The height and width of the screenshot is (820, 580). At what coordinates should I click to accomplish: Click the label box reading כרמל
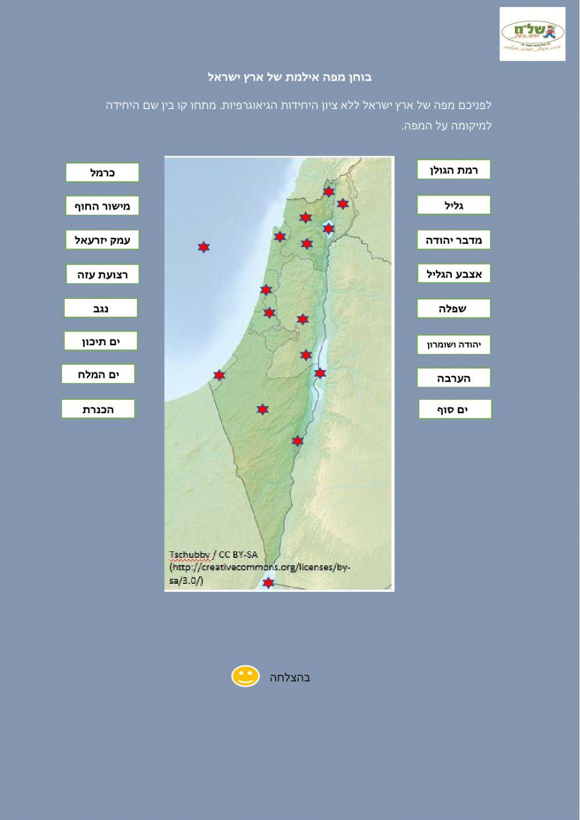coord(102,172)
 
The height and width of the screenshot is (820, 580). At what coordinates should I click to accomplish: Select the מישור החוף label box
coord(102,206)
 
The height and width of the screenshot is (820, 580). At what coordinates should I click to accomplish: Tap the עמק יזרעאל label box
coord(102,240)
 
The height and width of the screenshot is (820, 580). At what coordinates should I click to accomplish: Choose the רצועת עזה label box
coord(102,274)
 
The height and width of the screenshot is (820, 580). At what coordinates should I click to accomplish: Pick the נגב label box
coord(101,308)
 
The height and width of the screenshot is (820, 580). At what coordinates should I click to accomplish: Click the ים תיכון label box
coord(101,341)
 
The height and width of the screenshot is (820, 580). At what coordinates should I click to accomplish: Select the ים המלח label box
coord(98,374)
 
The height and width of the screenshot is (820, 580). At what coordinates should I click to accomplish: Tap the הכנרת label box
coord(98,409)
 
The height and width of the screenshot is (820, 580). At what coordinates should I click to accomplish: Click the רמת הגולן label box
coord(454,170)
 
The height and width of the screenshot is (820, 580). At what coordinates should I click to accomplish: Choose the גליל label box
coord(454,205)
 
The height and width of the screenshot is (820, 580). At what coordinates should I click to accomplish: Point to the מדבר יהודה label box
coord(454,240)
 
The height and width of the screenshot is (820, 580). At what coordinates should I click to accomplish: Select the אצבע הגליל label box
coord(454,274)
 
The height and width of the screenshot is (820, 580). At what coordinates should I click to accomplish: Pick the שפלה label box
coord(454,309)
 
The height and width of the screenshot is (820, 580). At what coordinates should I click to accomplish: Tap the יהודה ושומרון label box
coord(454,345)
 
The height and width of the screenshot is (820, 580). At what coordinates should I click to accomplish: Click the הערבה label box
coord(454,378)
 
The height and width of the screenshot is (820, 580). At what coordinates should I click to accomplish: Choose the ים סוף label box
coord(455,409)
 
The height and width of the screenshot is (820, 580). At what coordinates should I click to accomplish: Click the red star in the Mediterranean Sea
coord(203,247)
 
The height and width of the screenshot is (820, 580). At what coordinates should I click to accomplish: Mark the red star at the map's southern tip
coord(268,582)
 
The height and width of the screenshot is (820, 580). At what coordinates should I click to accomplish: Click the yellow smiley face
coord(245,676)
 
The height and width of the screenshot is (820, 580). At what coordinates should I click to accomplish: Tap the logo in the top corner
coord(532,34)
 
